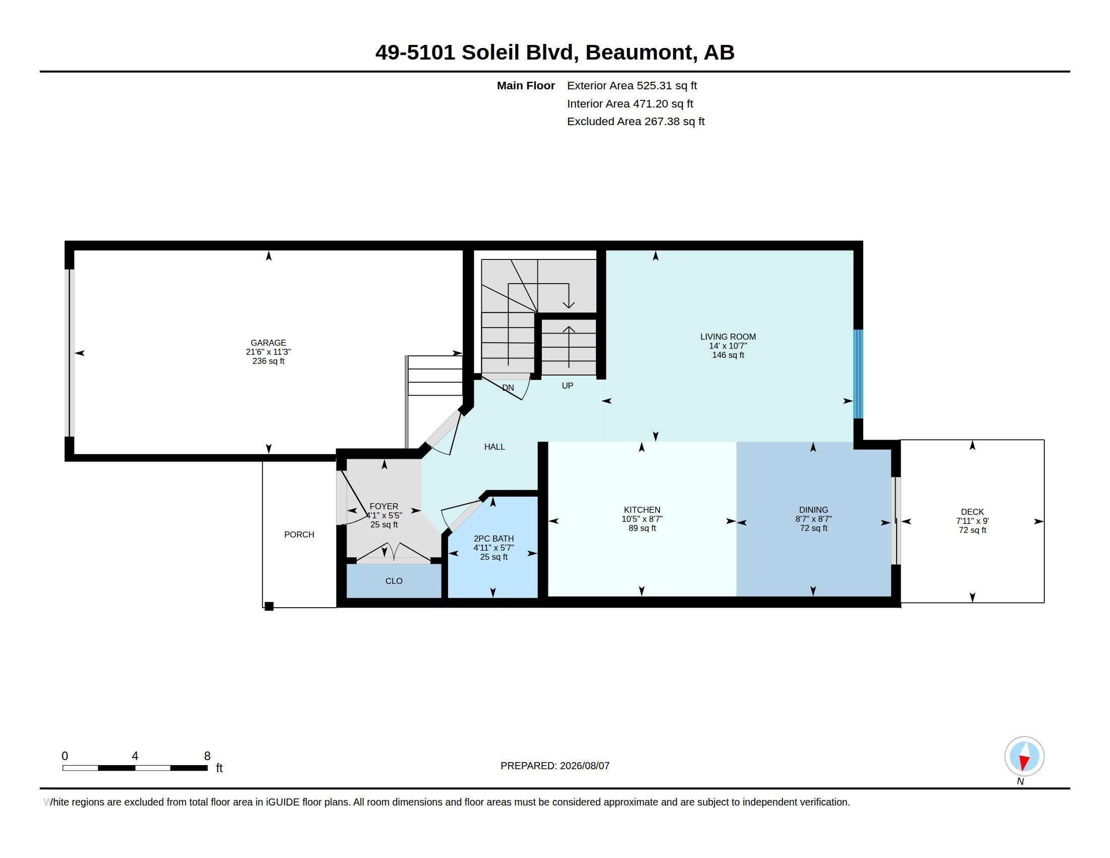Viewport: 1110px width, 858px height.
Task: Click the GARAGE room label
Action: [x=268, y=343]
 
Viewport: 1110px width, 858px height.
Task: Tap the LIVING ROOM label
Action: [x=728, y=337]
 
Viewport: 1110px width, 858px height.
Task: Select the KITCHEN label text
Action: [x=642, y=510]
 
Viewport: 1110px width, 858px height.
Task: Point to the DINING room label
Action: [x=813, y=510]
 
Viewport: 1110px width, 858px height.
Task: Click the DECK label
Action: [x=972, y=512]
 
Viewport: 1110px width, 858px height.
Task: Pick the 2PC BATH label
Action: [x=493, y=539]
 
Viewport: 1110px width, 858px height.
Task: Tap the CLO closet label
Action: [x=394, y=581]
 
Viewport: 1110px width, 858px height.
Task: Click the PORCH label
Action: [x=299, y=534]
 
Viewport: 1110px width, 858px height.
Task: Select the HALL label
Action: [x=494, y=447]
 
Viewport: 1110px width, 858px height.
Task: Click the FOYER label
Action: [x=384, y=506]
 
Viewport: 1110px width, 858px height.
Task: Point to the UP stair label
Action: [x=567, y=386]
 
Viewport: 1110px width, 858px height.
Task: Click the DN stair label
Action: [x=508, y=388]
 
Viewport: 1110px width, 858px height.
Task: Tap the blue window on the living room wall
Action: [x=858, y=373]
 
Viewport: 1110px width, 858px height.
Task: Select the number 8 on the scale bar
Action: [x=207, y=756]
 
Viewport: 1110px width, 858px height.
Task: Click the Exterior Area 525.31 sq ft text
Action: [x=632, y=86]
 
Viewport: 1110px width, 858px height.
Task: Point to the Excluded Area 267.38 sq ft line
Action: [x=636, y=122]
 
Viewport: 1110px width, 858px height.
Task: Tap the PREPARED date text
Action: [x=554, y=766]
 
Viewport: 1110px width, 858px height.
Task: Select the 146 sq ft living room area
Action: [x=728, y=355]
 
